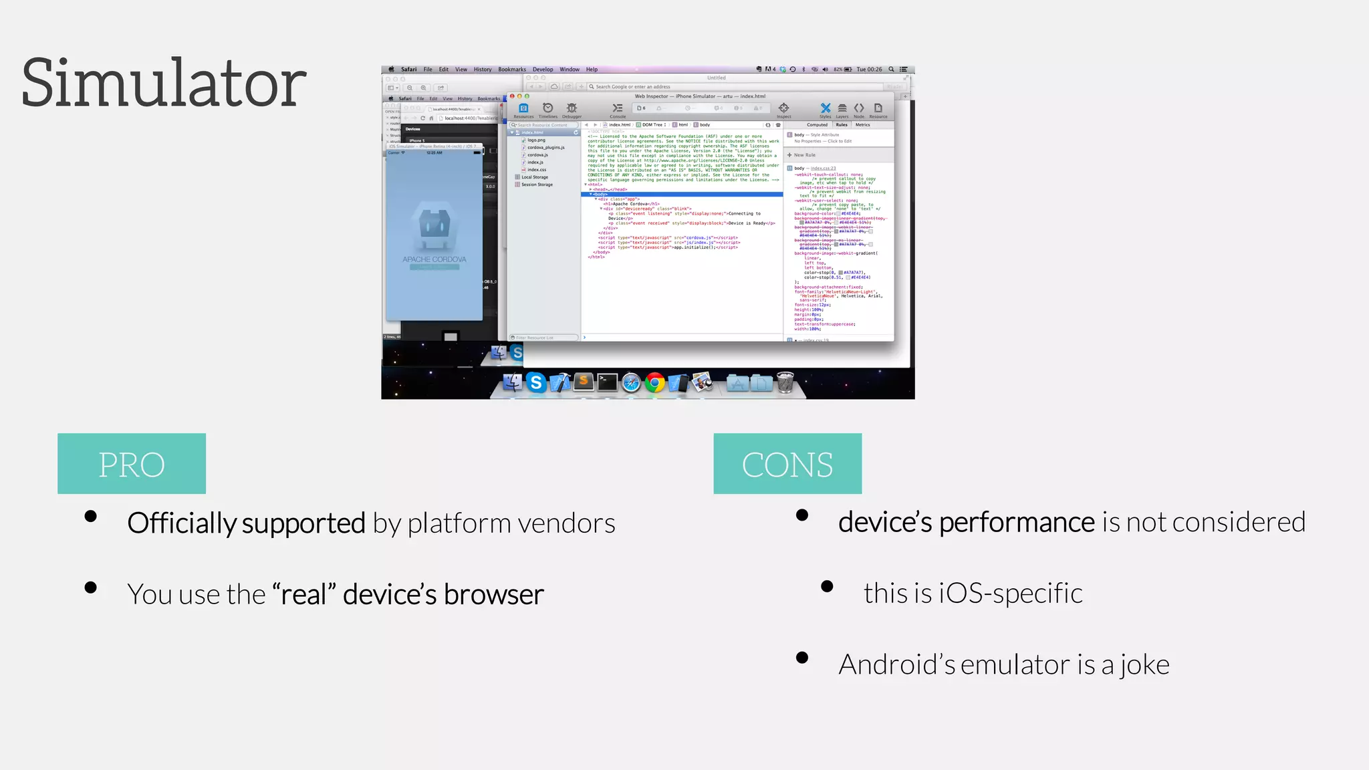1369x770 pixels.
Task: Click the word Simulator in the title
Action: point(164,84)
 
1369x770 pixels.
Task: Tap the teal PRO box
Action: point(132,464)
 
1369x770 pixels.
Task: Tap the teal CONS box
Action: point(787,464)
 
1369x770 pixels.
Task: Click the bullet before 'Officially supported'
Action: point(91,516)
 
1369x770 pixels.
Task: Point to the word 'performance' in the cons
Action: point(1017,522)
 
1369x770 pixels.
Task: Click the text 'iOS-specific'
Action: point(1011,594)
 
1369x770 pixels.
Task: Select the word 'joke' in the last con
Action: point(1144,665)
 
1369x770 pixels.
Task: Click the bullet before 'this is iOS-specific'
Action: point(827,586)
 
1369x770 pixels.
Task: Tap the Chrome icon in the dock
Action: point(655,382)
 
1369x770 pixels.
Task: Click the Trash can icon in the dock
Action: point(785,382)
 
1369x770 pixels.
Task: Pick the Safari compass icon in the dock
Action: point(631,382)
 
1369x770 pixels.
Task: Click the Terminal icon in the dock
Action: point(607,382)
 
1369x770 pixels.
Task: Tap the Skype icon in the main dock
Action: point(535,382)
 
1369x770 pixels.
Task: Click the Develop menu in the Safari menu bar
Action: point(542,70)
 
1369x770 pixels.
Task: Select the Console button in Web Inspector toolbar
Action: point(618,110)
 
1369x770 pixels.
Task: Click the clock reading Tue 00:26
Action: point(869,70)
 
